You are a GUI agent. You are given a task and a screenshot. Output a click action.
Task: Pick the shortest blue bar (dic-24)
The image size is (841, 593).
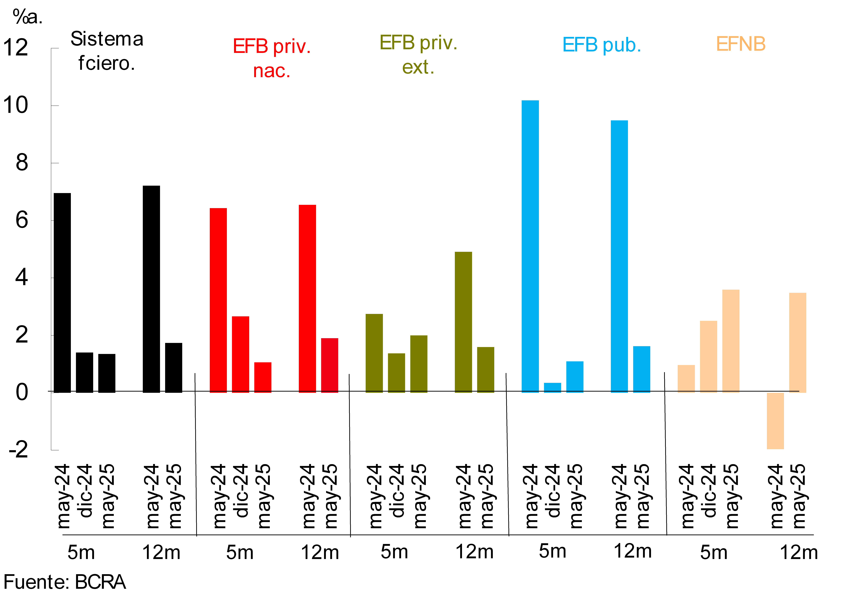click(552, 388)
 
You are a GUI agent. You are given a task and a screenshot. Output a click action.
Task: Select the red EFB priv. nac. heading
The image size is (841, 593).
click(272, 58)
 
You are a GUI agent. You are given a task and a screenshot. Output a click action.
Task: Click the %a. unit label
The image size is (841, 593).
click(27, 17)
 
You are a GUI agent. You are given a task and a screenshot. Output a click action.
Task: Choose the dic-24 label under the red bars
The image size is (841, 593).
click(241, 491)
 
